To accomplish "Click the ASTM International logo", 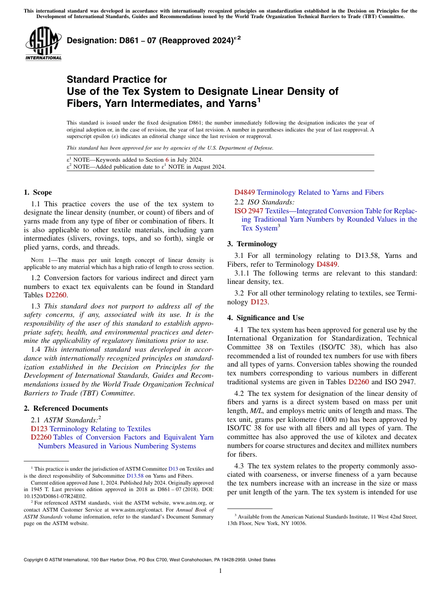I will click(x=43, y=44).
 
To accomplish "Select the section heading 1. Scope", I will click(x=38, y=192).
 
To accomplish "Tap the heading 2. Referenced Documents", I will click(x=65, y=408).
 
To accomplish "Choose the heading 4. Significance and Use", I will click(x=266, y=318).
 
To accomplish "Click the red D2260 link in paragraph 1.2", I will click(x=58, y=295).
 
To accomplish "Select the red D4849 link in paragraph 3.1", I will click(x=327, y=264).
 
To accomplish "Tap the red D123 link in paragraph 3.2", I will click(x=259, y=302).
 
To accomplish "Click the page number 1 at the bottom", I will click(x=220, y=571).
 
